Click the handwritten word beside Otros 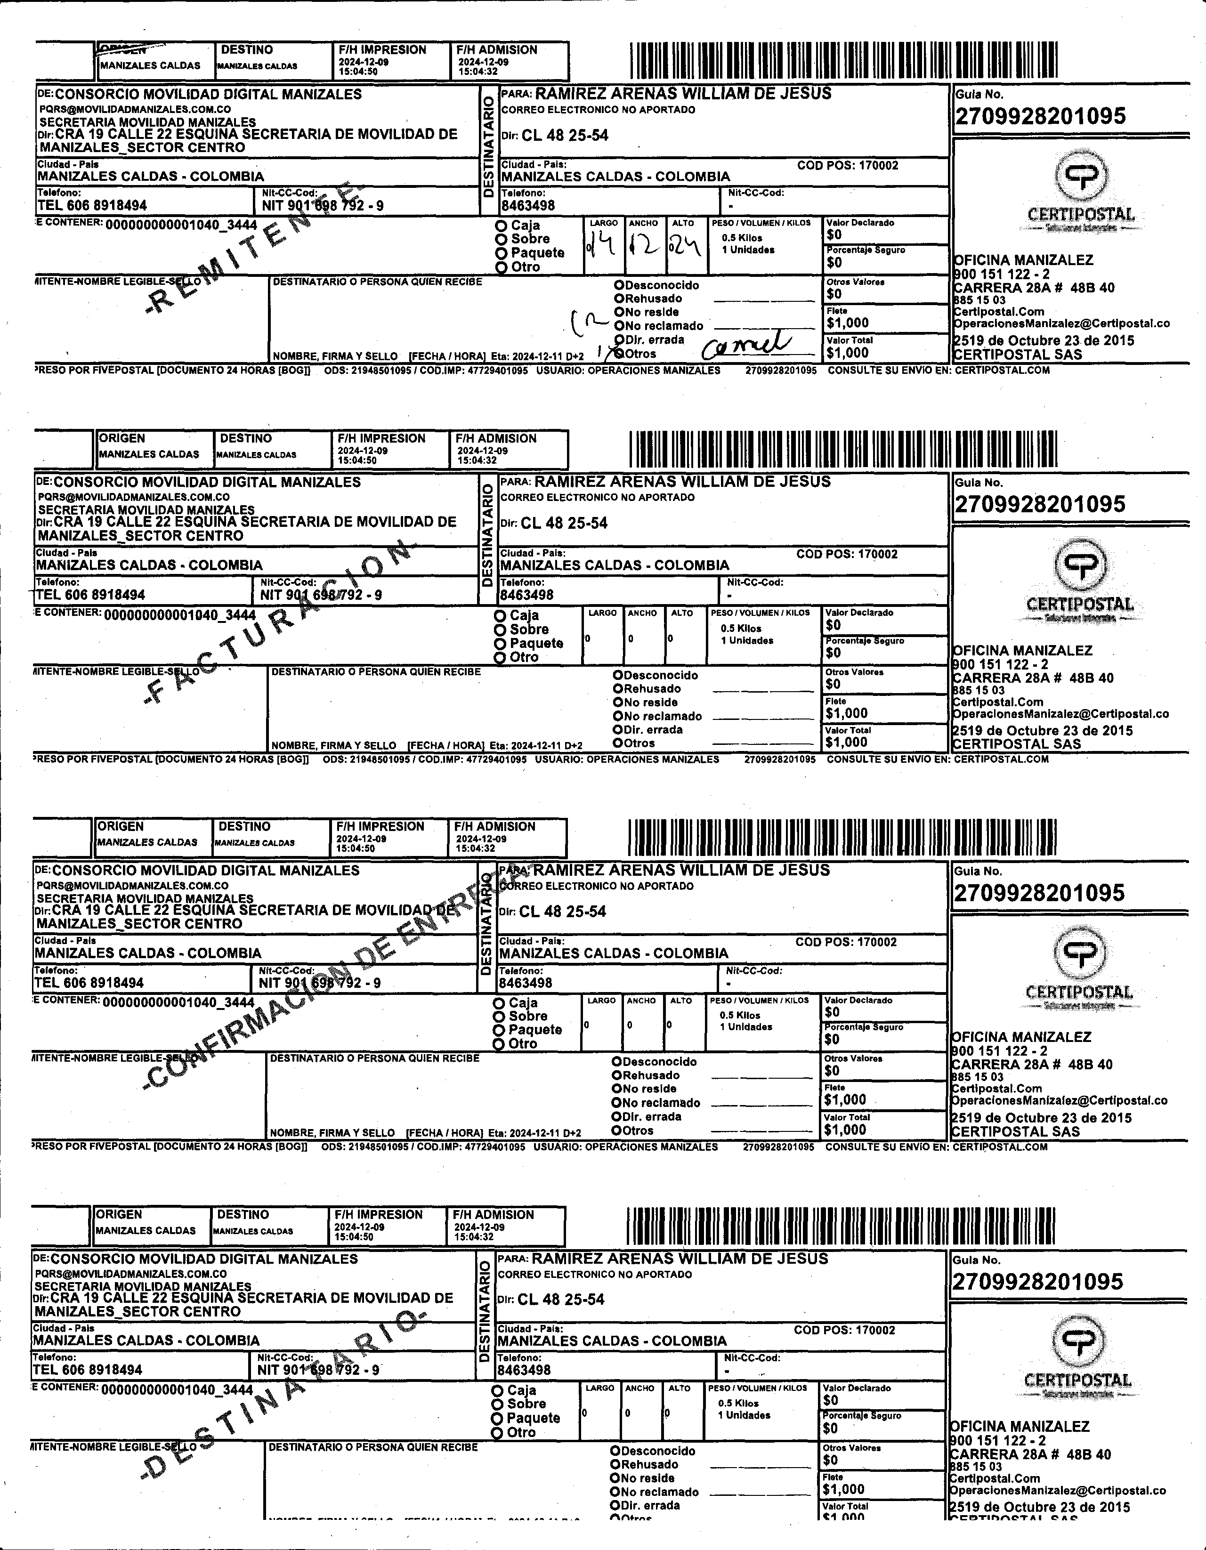pyautogui.click(x=745, y=346)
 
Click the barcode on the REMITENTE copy pyautogui.click(x=843, y=60)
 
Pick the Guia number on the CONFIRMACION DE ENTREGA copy pyautogui.click(x=1038, y=893)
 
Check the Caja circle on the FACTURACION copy pyautogui.click(x=501, y=615)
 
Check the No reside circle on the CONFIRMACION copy pyautogui.click(x=617, y=1089)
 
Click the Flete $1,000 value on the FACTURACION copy pyautogui.click(x=847, y=713)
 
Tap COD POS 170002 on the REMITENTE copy pyautogui.click(x=848, y=165)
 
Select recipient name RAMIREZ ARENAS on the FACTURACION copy pyautogui.click(x=681, y=481)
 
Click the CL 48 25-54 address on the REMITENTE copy pyautogui.click(x=565, y=136)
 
